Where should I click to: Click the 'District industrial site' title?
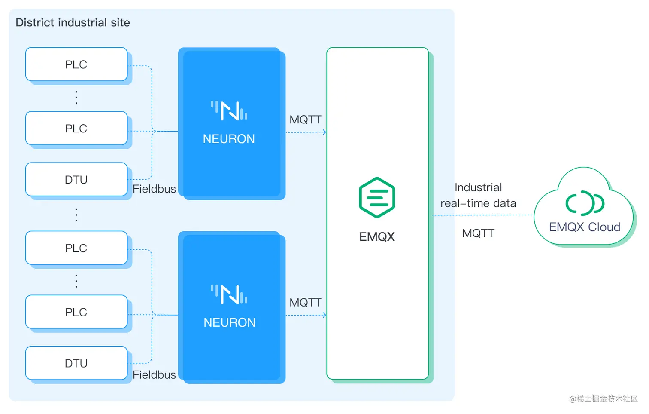[x=73, y=22]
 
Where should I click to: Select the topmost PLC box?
[x=76, y=64]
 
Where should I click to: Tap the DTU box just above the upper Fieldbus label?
[x=76, y=180]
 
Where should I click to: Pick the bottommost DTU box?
[x=76, y=363]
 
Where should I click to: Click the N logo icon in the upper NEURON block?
[x=229, y=110]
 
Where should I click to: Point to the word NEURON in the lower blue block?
[x=229, y=322]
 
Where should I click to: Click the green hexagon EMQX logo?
[x=377, y=197]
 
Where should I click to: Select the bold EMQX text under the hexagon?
[x=377, y=236]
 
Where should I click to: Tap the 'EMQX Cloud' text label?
[x=585, y=227]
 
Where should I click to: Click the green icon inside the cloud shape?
[x=585, y=203]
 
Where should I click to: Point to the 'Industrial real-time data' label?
[x=478, y=195]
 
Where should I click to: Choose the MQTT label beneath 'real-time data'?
[x=478, y=233]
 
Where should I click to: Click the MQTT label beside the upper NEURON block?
[x=305, y=120]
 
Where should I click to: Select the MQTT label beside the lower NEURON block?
[x=305, y=303]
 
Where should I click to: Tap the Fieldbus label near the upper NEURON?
[x=154, y=189]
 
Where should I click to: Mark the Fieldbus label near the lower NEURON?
[x=154, y=375]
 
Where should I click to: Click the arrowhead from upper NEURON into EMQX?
[x=324, y=132]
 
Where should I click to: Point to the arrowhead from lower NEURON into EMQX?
[x=324, y=315]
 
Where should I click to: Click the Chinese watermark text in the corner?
[x=603, y=399]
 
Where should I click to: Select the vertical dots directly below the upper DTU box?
[x=76, y=215]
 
